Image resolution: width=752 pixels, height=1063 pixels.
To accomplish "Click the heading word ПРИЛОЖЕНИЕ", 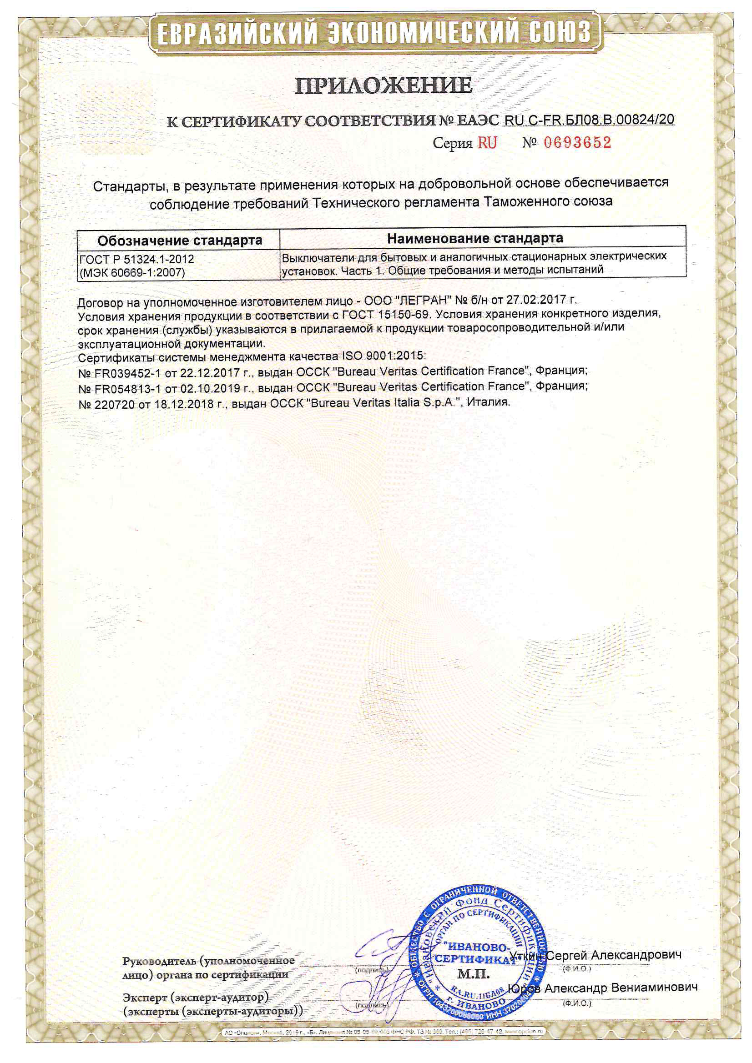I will (383, 86).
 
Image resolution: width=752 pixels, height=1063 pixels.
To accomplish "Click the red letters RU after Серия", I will (487, 143).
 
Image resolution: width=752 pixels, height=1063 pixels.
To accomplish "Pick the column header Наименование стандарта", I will (475, 238).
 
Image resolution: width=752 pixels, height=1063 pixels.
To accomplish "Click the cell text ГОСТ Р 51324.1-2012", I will (136, 259).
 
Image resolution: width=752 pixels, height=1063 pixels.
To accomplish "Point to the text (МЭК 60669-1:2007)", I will (132, 273).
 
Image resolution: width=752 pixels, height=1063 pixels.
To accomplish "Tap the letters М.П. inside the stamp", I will (473, 974).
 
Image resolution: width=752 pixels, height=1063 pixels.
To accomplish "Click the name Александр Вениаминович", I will (621, 988).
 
